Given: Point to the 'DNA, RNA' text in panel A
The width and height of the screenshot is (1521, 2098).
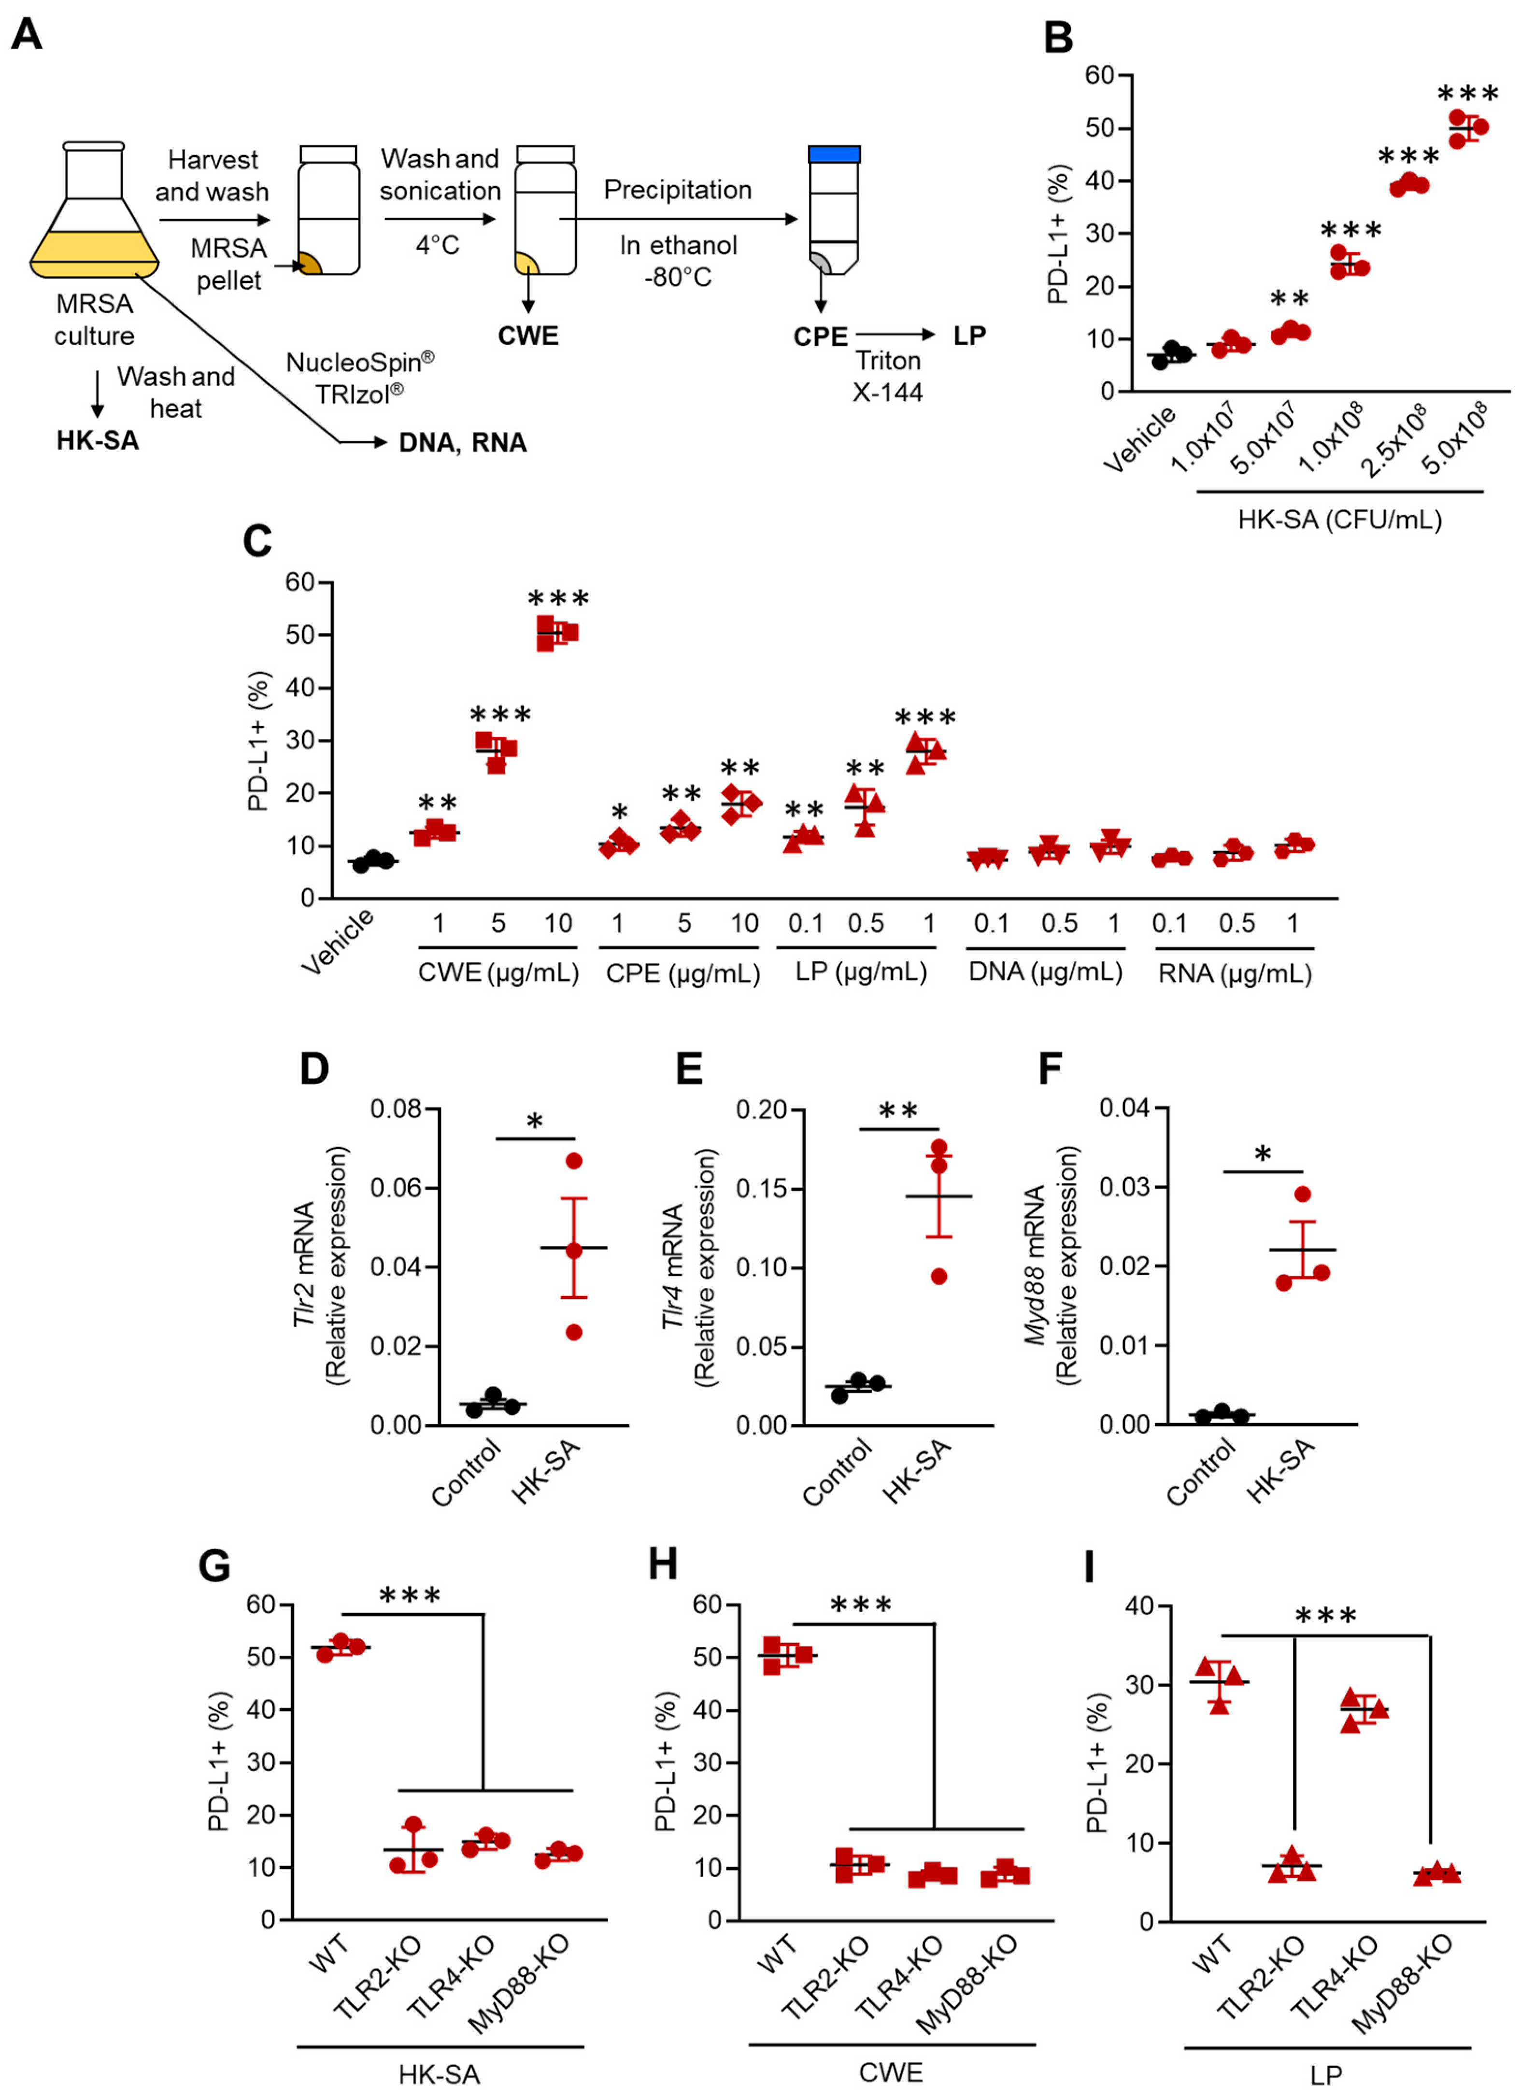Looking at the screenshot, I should point(463,443).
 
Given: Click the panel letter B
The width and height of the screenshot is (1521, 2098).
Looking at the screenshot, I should point(1057,38).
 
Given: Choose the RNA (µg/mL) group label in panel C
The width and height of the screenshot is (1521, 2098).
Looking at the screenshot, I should point(1234,973).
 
